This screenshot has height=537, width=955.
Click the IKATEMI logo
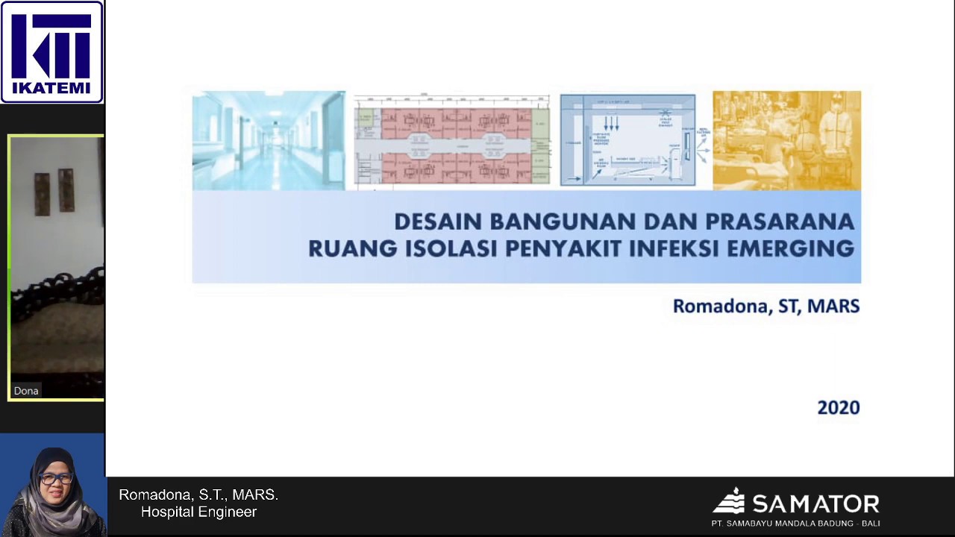(x=51, y=51)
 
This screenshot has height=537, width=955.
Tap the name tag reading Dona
(x=26, y=391)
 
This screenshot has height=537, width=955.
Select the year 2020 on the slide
(x=839, y=408)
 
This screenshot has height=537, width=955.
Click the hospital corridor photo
(x=269, y=140)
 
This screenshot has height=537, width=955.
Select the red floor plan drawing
(x=452, y=140)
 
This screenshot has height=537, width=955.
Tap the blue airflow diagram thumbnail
(x=627, y=140)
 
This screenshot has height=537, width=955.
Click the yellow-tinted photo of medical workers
(x=786, y=140)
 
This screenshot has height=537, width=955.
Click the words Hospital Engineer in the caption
(x=198, y=512)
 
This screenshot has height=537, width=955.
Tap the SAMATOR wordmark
(x=815, y=503)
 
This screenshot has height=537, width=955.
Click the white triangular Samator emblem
(x=729, y=500)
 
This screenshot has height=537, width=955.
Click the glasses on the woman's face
(x=55, y=478)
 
